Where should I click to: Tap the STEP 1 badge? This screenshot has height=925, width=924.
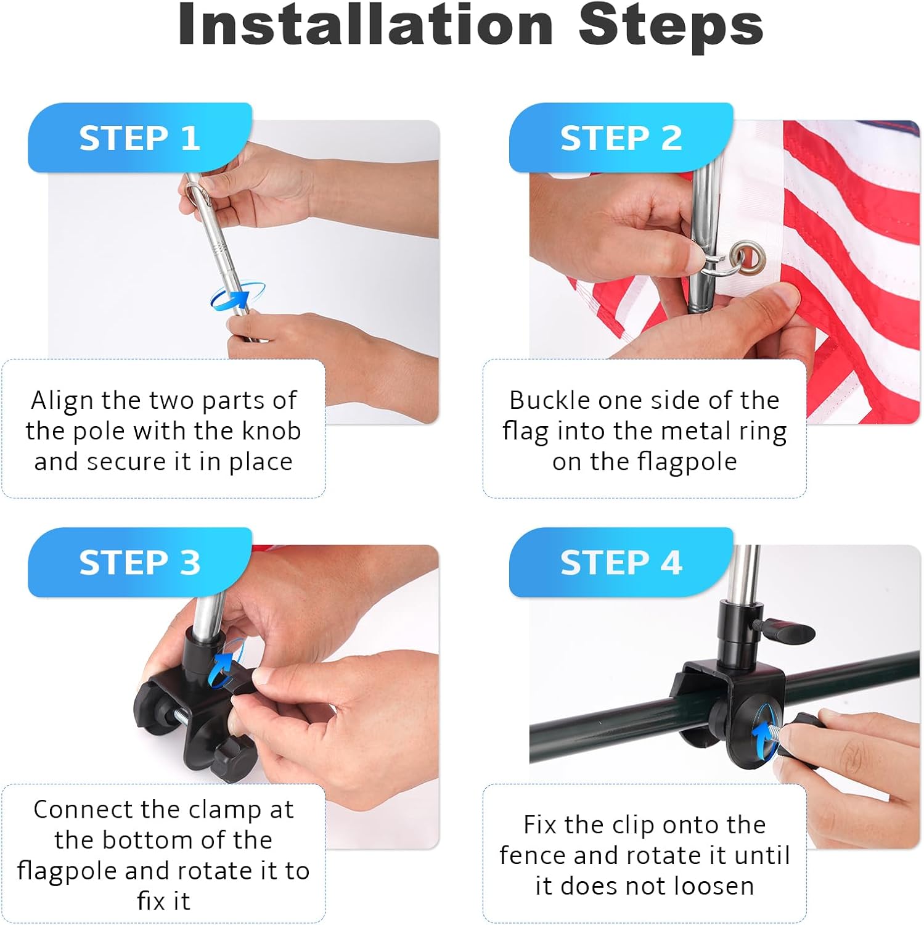point(140,138)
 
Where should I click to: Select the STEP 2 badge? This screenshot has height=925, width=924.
point(621,138)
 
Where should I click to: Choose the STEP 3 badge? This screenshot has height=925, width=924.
point(140,562)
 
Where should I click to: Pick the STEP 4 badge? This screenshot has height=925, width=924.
point(621,562)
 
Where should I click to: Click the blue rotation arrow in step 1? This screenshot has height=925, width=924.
point(237,296)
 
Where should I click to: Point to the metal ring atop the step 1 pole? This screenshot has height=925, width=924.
point(198,192)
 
